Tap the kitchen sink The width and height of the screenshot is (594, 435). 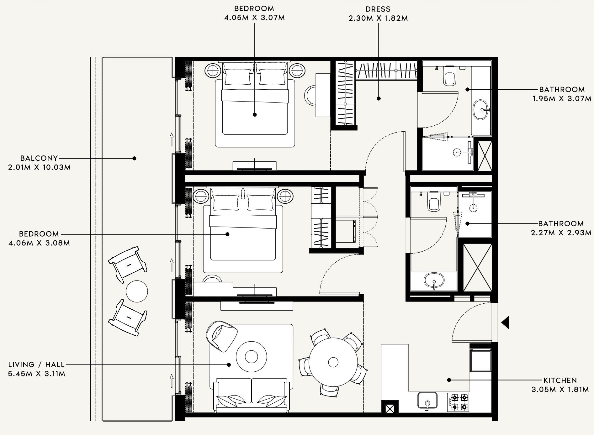[427, 401]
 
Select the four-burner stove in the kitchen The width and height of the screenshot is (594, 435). [459, 402]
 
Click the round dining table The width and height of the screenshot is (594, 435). [333, 362]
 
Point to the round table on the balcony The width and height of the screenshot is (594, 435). [137, 291]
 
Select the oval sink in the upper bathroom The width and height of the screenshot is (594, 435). [481, 110]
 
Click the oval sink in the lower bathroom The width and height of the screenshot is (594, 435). [434, 280]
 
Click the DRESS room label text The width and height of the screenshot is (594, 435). [378, 9]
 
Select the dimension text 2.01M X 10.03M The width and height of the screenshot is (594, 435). [40, 167]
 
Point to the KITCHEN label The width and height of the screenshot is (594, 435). [560, 380]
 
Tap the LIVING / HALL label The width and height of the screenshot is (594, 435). [36, 364]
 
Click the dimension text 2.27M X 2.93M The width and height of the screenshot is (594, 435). [561, 233]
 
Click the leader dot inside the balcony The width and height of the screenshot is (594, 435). [134, 158]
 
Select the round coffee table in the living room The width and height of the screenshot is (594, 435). [251, 356]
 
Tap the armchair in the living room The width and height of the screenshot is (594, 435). [221, 337]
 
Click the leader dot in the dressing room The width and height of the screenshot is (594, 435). [379, 98]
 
